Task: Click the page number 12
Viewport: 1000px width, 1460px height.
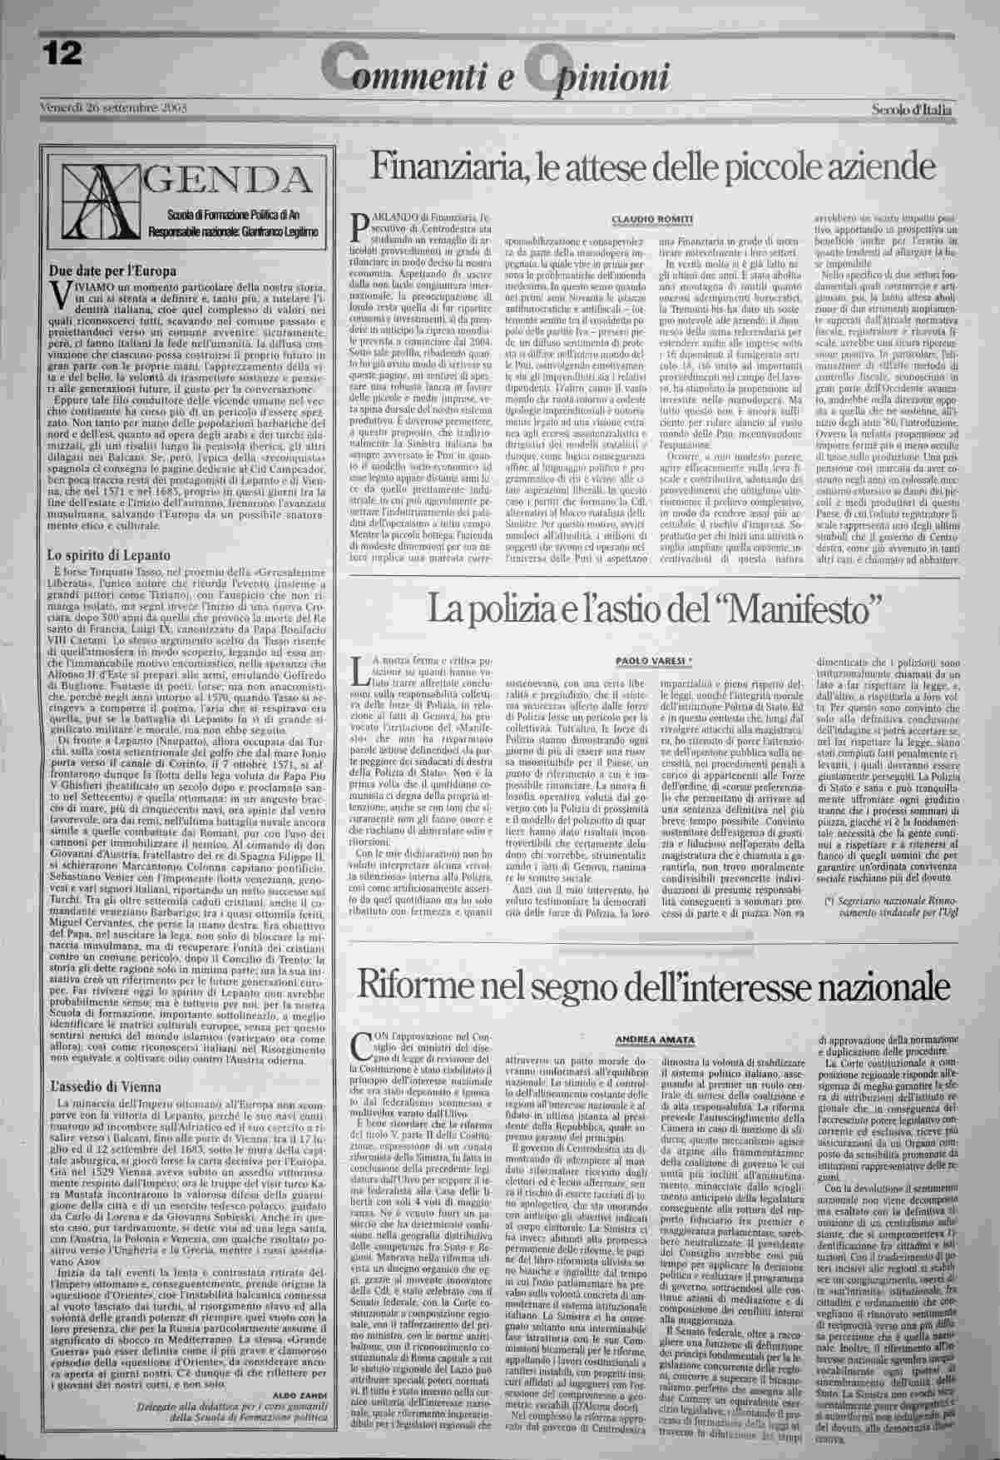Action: (x=62, y=54)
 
